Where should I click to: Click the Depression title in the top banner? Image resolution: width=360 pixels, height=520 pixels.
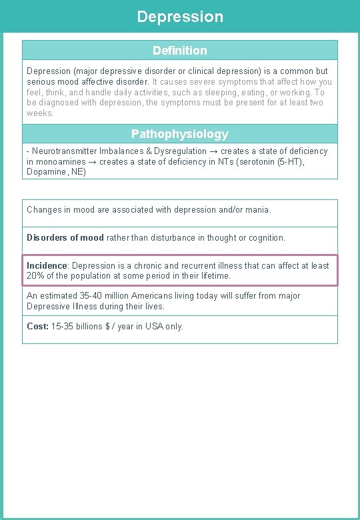(180, 17)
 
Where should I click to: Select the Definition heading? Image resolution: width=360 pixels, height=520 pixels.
(180, 51)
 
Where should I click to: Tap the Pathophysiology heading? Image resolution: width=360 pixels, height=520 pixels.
(180, 134)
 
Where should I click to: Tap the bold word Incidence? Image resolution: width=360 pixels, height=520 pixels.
(47, 265)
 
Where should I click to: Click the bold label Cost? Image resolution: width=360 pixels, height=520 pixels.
(37, 327)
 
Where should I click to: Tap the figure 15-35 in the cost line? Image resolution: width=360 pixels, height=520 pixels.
(63, 327)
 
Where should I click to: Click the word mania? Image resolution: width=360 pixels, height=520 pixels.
(256, 209)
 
